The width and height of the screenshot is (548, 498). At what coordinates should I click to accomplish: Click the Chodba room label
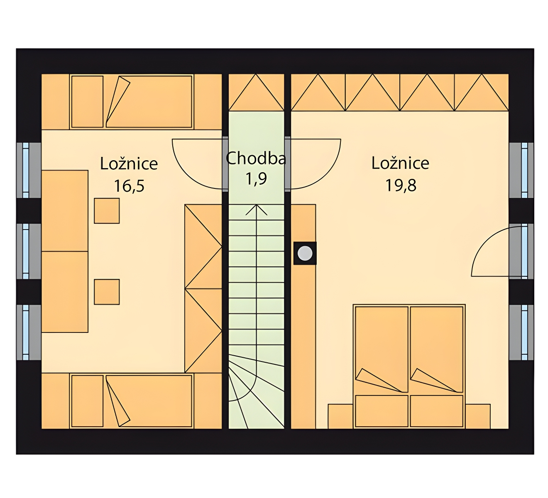(x=256, y=158)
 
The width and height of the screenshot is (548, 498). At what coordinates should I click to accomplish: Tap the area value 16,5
(x=129, y=186)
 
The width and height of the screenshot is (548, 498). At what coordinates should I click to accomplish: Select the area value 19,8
(x=401, y=185)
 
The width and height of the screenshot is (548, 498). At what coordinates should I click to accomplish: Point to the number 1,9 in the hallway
(x=256, y=179)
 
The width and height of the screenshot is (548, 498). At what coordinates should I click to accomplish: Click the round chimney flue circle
(x=305, y=253)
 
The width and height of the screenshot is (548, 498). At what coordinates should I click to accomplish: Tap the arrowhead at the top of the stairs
(x=256, y=210)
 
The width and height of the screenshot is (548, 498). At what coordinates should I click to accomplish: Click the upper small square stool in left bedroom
(x=107, y=211)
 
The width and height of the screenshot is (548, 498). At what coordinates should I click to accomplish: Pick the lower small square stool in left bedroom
(x=107, y=292)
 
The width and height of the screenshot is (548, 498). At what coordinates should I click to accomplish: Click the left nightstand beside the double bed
(x=340, y=416)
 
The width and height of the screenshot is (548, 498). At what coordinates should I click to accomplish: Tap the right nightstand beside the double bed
(x=478, y=416)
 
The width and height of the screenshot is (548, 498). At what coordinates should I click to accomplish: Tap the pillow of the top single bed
(x=87, y=102)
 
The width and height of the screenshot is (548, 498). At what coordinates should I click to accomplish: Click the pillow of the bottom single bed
(x=87, y=401)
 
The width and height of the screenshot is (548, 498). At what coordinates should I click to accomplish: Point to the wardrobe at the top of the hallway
(x=256, y=92)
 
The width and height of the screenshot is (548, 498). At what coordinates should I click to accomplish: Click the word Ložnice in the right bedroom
(x=400, y=163)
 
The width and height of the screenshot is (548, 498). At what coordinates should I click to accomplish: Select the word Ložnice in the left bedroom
(x=129, y=164)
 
